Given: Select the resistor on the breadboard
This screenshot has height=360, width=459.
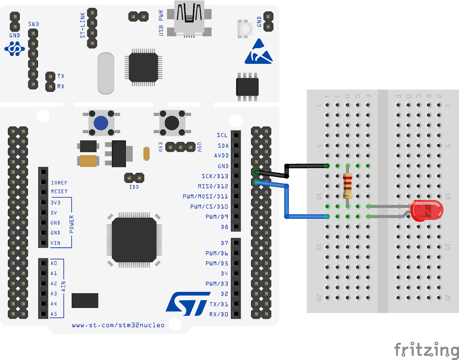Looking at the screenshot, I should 347,186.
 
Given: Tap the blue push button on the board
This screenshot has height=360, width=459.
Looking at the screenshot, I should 101,123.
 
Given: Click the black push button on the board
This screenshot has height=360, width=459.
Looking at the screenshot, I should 171,123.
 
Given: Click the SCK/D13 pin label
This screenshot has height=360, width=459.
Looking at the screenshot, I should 215,176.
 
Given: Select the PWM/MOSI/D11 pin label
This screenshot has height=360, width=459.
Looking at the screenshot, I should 205,196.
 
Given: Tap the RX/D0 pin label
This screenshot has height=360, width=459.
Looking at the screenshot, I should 218,314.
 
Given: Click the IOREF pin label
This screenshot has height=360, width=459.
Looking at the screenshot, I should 59,183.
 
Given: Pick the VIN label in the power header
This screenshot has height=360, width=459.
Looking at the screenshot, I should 55,243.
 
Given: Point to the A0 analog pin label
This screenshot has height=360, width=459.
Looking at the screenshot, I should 53,263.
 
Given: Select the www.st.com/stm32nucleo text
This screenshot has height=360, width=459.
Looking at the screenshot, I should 118,325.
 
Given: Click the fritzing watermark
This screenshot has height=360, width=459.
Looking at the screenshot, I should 426,349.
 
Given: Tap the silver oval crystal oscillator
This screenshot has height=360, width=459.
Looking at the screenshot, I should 106,74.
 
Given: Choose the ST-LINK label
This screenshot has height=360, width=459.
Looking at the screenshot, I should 82,25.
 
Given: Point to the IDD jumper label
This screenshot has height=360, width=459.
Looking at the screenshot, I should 134,187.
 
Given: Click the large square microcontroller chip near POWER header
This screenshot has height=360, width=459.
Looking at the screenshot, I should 134,240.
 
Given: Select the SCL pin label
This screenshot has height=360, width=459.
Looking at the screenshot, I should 222,135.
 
